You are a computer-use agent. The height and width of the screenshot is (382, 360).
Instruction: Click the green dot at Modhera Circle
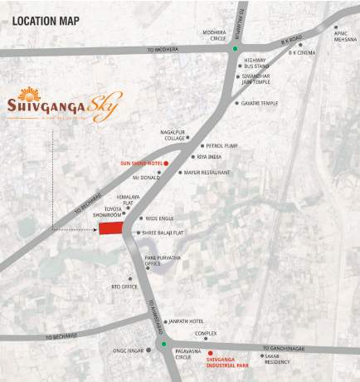click(x=234, y=49)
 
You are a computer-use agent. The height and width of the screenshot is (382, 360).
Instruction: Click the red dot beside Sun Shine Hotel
click(x=166, y=164)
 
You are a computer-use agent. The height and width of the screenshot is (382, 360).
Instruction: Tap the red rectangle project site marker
click(x=110, y=228)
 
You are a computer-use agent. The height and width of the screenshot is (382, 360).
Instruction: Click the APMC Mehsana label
click(x=345, y=36)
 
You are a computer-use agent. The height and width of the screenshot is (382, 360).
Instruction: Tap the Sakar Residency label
click(x=277, y=360)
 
